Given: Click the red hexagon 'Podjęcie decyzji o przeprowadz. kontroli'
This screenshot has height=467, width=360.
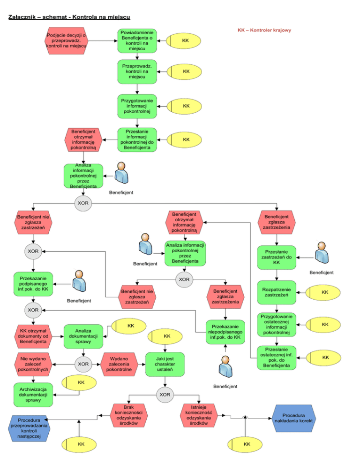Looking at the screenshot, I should tap(67, 40).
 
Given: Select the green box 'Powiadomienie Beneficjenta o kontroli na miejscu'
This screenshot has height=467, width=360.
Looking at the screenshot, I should tap(136, 40).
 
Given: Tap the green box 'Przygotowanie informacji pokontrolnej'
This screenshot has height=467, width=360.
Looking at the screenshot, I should tap(136, 106).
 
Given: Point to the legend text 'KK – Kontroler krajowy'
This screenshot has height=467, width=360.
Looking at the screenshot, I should tap(264, 31).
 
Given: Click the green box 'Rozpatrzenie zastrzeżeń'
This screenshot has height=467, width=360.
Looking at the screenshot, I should tap(277, 292).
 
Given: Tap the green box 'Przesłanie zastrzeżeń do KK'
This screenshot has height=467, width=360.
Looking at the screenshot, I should tap(277, 257).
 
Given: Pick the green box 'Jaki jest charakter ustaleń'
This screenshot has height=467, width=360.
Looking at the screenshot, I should tap(164, 363).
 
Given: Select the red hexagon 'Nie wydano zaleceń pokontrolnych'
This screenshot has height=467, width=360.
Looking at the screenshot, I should tap(33, 363).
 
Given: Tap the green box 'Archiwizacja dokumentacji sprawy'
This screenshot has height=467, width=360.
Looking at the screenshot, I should tap(33, 395).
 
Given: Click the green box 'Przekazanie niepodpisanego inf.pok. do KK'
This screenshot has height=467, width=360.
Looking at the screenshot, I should tap(225, 331).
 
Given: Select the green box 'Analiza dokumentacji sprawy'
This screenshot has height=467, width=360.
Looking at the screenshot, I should tap(83, 336).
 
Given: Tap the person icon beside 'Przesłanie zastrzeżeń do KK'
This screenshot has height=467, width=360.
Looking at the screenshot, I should tap(322, 254).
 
